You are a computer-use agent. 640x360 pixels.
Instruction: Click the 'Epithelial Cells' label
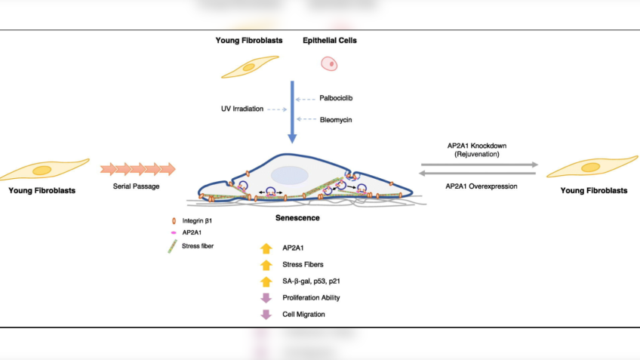click(x=330, y=40)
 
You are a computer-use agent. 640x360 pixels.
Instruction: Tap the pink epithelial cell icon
click(x=329, y=65)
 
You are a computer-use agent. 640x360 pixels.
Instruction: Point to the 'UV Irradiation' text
click(x=243, y=109)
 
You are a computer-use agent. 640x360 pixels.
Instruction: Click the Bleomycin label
click(x=334, y=119)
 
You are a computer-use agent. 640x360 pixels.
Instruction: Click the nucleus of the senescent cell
click(x=289, y=174)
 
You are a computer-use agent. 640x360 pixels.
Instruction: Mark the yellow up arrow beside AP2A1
click(x=266, y=248)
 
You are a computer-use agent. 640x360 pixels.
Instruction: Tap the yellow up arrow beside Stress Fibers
click(x=266, y=264)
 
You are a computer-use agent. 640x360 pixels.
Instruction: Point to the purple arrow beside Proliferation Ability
click(x=266, y=297)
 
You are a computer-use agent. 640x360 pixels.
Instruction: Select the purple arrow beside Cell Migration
click(x=266, y=314)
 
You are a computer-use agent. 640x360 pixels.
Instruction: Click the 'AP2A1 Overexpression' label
click(x=481, y=186)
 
